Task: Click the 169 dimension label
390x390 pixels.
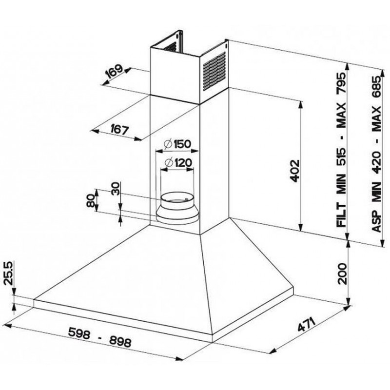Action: click(114, 72)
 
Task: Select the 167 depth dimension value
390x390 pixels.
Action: click(119, 129)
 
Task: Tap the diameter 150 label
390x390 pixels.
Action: click(177, 144)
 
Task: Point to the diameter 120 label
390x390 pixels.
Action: click(178, 163)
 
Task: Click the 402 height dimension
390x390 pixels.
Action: click(294, 171)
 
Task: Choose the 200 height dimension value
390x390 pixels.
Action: click(342, 273)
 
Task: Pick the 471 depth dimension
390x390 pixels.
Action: click(307, 324)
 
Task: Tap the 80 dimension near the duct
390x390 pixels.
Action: click(91, 201)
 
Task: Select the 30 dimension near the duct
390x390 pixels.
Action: click(116, 189)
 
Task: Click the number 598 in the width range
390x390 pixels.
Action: click(79, 333)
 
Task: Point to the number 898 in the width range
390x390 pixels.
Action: click(120, 342)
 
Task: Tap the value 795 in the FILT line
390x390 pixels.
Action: click(341, 83)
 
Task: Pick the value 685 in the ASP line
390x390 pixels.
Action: click(376, 87)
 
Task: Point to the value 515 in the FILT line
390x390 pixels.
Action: click(341, 157)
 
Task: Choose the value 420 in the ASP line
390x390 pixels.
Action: click(376, 162)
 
